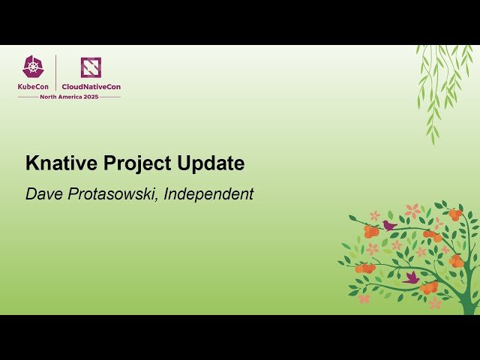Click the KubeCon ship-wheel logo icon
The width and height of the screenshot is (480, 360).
[34, 67]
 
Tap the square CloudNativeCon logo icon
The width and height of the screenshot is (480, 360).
[91, 67]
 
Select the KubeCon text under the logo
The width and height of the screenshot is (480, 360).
[34, 87]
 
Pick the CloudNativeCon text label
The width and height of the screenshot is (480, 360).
[91, 87]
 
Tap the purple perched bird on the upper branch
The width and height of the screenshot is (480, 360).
[389, 224]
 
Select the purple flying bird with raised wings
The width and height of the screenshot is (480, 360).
[411, 277]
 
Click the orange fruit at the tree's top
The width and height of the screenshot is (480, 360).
[455, 214]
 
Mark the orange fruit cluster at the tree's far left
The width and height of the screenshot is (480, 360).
[365, 268]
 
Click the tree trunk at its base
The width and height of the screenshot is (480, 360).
[468, 304]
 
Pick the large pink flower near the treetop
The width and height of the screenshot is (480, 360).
[412, 211]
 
